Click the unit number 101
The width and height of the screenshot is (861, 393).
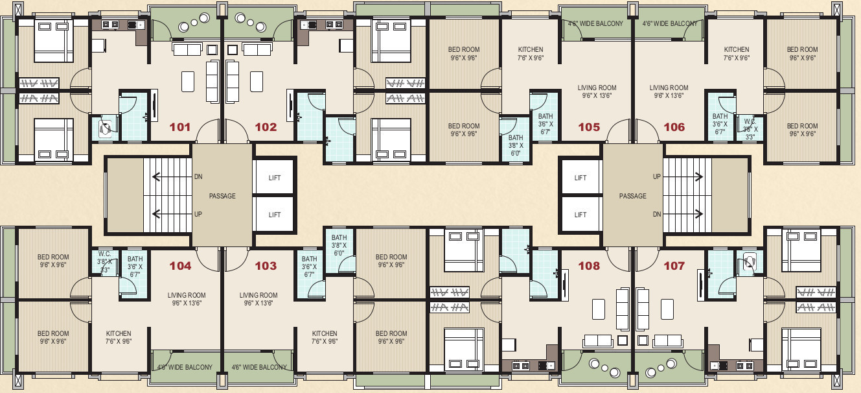pyautogui.click(x=180, y=127)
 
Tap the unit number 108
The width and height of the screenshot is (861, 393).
pyautogui.click(x=589, y=266)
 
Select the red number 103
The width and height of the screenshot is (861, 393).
pyautogui.click(x=266, y=266)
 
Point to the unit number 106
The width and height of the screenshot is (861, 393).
pyautogui.click(x=674, y=127)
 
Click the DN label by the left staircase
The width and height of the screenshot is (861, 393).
pyautogui.click(x=198, y=176)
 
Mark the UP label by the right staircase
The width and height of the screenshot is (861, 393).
pyautogui.click(x=656, y=176)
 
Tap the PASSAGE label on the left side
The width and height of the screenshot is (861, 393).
pyautogui.click(x=222, y=196)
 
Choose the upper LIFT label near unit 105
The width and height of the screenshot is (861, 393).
pyautogui.click(x=580, y=178)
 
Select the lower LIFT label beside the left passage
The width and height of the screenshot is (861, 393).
pyautogui.click(x=275, y=215)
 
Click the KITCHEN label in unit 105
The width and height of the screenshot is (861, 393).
pyautogui.click(x=531, y=49)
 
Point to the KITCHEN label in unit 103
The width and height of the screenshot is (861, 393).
pyautogui.click(x=325, y=333)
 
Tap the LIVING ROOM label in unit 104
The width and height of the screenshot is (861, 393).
pyautogui.click(x=187, y=295)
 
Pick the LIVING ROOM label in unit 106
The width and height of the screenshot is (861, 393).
pyautogui.click(x=669, y=88)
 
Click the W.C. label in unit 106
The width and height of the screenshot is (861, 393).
pyautogui.click(x=750, y=122)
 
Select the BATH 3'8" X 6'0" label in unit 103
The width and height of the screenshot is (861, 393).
pyautogui.click(x=339, y=245)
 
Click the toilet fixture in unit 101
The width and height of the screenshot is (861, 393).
pyautogui.click(x=104, y=129)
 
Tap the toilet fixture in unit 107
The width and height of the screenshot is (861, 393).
pyautogui.click(x=749, y=261)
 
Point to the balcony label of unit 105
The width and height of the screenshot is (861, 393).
pyautogui.click(x=595, y=23)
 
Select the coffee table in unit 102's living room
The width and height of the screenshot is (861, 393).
pyautogui.click(x=257, y=81)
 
